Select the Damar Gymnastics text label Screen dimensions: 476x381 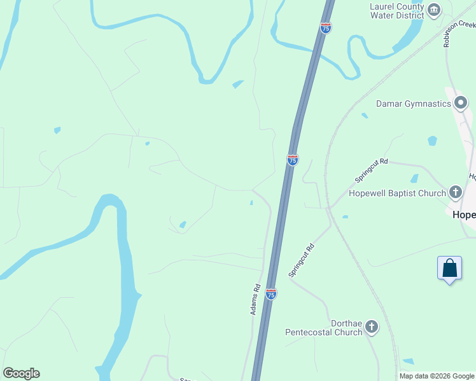pos(413,104)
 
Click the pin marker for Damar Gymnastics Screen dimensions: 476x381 pos(461,102)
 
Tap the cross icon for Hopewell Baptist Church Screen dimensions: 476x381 pos(455,192)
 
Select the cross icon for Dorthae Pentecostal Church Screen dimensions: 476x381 pos(372,327)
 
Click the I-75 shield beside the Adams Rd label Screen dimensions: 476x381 pos(271,294)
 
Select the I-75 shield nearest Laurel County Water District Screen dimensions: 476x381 pos(326,28)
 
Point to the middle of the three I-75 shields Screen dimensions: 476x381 pos(292,160)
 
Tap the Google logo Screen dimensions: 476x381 pos(21,373)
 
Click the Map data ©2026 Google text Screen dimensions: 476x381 pos(437,376)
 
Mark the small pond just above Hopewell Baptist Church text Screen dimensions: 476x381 pos(414,178)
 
